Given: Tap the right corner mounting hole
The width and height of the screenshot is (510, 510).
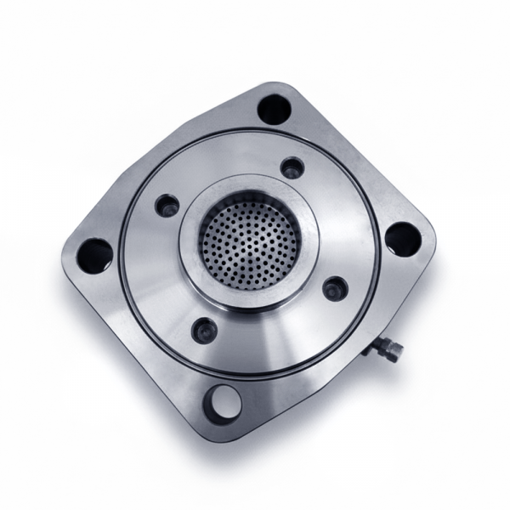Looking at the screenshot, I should click(x=401, y=239).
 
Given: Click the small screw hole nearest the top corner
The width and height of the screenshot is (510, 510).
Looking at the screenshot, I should click(x=292, y=168).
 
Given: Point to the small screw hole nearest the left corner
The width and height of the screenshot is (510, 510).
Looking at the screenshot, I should click(x=167, y=206).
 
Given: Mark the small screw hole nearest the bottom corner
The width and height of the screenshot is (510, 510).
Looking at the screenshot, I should click(x=206, y=328).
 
